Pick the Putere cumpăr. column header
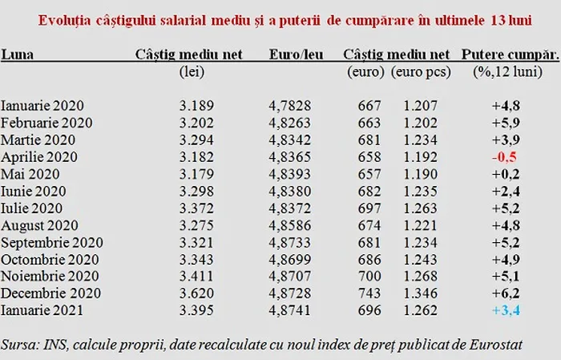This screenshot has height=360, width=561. pos(509,55)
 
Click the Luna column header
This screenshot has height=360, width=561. pos(17,55)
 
